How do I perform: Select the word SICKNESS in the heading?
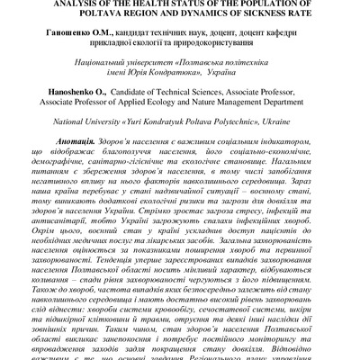pyautogui.click(x=263, y=14)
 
